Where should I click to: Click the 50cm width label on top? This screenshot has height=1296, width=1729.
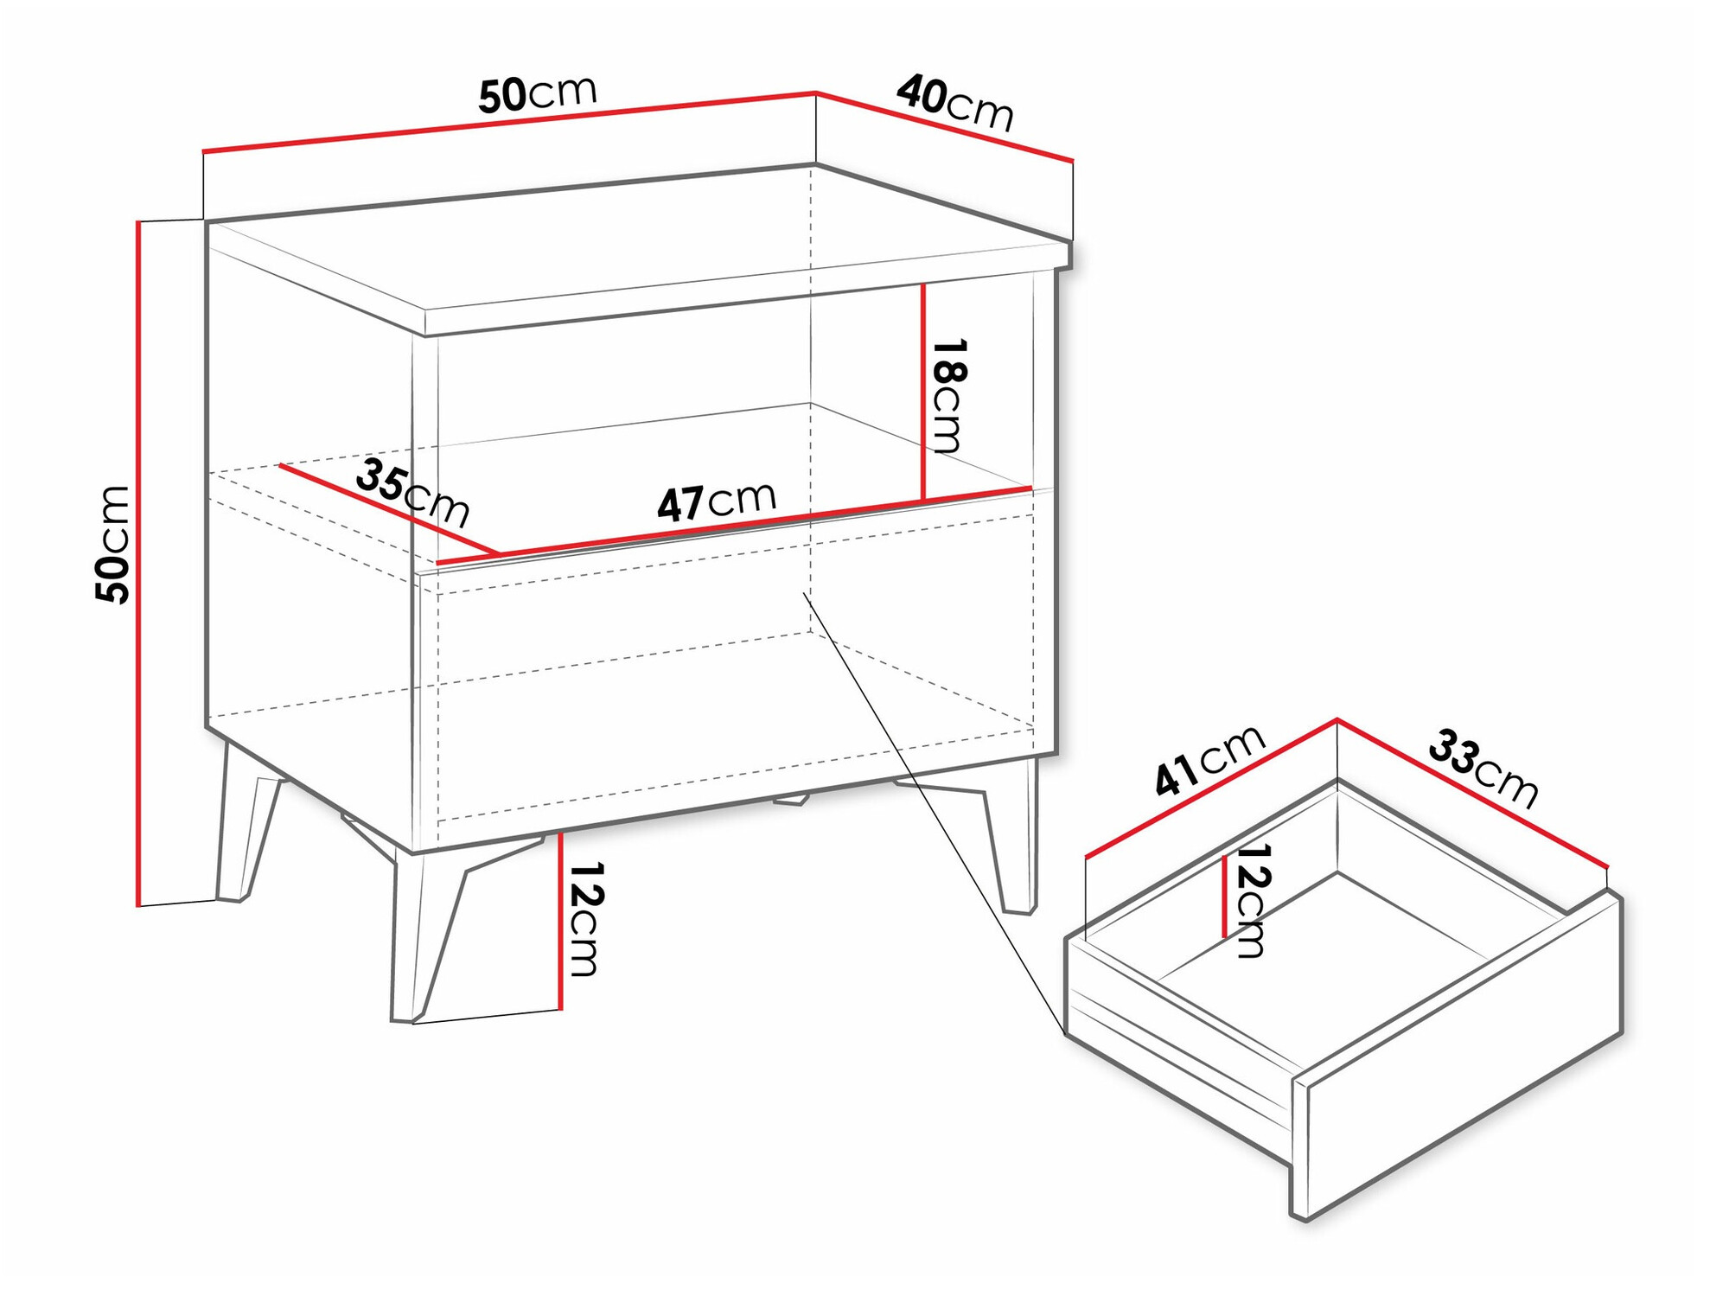tap(537, 93)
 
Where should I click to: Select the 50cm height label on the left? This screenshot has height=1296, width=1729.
tap(113, 545)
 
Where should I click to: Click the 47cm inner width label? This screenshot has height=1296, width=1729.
tap(717, 501)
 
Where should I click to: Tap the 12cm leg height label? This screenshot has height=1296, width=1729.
tap(584, 919)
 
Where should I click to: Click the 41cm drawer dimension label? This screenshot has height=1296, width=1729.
tap(1209, 760)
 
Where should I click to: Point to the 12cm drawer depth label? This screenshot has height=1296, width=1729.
tap(1251, 900)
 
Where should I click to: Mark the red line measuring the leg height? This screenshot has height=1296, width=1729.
tap(560, 921)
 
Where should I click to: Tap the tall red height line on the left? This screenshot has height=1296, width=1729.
tap(137, 562)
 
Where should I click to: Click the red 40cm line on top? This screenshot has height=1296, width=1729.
tap(944, 126)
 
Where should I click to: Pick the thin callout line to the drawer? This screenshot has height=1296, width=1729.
tap(934, 813)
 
